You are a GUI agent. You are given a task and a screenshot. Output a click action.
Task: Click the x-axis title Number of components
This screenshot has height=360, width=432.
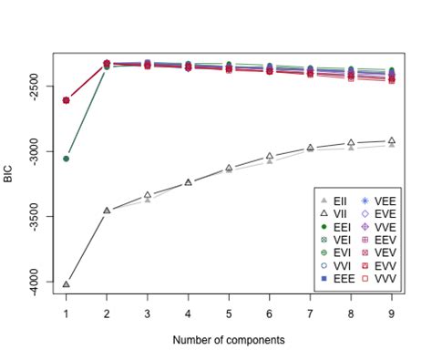coord(229,339)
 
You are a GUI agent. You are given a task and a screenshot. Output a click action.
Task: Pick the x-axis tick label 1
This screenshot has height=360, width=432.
coord(67,314)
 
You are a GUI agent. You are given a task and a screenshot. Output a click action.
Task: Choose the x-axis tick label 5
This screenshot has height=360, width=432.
coord(229,314)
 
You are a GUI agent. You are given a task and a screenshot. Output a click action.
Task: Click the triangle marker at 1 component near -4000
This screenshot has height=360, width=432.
coord(67,284)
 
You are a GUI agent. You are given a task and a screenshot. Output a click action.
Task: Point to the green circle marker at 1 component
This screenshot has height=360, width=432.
coord(67,159)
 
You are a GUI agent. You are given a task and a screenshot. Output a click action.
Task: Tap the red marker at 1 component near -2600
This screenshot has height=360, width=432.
coord(67,100)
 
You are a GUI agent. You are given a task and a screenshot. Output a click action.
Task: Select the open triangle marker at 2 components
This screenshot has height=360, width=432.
coord(107,211)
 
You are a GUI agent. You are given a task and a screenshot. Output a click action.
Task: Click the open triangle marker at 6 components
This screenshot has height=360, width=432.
coord(270,157)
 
